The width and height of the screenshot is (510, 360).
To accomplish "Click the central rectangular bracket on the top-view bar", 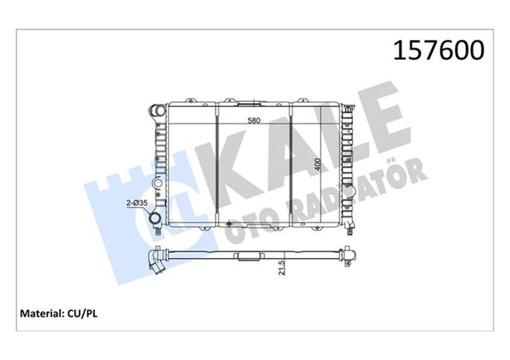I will pyautogui.click(x=253, y=258).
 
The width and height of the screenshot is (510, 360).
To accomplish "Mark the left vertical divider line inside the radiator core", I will pyautogui.click(x=217, y=167).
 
